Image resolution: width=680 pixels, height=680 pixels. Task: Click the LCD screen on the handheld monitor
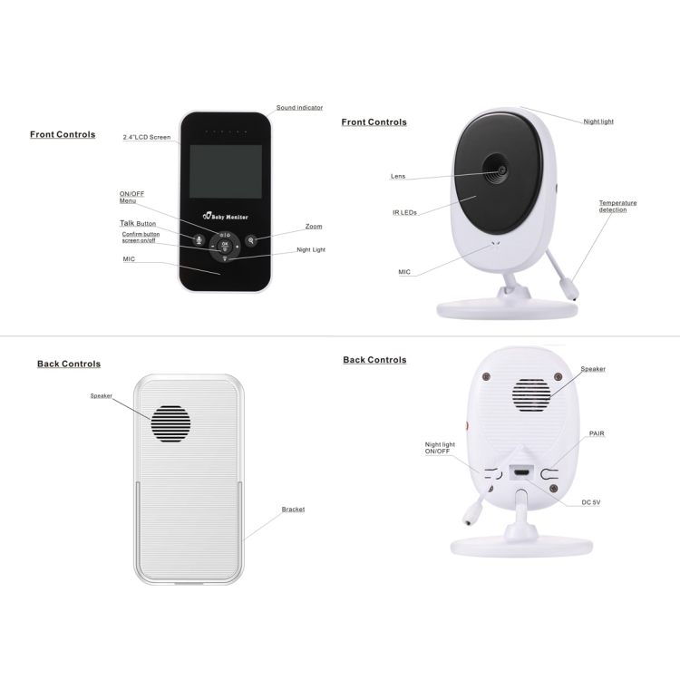226,171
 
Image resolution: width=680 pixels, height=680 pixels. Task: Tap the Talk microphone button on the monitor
199,240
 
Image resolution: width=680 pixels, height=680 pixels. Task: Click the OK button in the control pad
225,246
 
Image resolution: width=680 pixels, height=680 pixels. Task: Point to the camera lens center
501,170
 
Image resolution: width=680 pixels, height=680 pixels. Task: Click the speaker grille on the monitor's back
170,423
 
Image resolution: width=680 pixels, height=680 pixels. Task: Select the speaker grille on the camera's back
530,395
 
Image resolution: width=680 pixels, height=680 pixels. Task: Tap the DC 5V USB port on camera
522,471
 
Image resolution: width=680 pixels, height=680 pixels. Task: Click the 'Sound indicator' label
299,108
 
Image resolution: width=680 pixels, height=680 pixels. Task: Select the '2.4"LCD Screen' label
147,137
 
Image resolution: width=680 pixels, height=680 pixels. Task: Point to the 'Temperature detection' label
617,207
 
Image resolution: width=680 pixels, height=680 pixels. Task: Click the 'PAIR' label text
597,433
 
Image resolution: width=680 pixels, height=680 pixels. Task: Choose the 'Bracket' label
293,510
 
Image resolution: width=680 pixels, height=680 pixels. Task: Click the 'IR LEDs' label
404,212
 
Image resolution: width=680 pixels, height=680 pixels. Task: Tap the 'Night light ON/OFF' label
440,448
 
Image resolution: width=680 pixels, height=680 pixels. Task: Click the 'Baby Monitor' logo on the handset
226,216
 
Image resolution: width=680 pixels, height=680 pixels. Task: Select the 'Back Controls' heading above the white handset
69,364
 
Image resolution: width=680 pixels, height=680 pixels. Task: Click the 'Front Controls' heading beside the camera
374,122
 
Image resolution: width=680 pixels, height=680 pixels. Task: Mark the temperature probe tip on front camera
575,298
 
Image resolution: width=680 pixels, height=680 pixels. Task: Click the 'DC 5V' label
590,502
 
